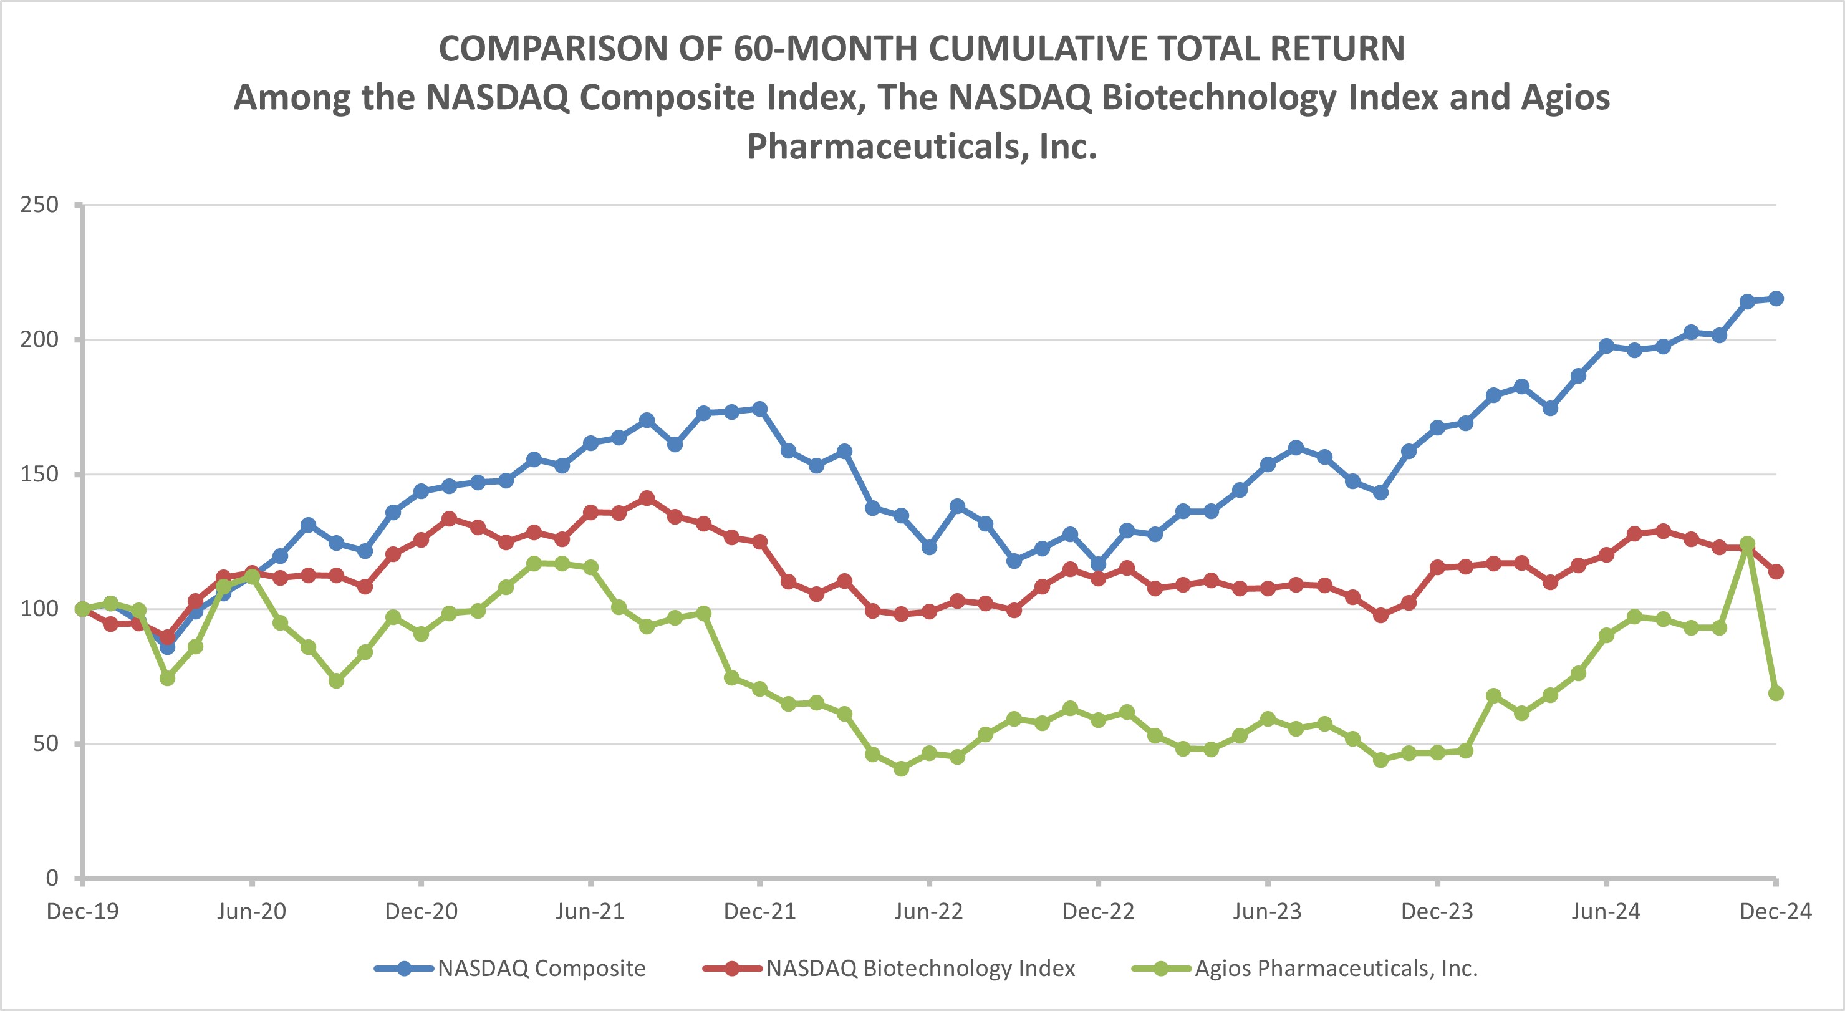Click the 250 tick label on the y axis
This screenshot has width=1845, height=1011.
pos(39,205)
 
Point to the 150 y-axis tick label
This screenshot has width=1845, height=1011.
pos(39,475)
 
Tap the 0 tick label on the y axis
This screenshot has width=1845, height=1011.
pos(52,878)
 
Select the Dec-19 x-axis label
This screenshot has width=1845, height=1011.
pos(82,911)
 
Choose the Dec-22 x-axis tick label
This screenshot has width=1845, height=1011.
pos(1098,911)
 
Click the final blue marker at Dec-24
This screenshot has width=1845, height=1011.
pos(1776,298)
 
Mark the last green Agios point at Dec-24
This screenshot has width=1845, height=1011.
pos(1776,693)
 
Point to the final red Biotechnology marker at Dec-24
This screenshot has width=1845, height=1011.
pos(1776,571)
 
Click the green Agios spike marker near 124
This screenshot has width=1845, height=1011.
pos(1748,544)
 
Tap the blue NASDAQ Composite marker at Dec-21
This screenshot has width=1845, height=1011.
pos(760,409)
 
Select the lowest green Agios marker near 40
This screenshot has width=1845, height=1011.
pos(901,769)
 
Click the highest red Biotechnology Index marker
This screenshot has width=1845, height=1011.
pos(647,498)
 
